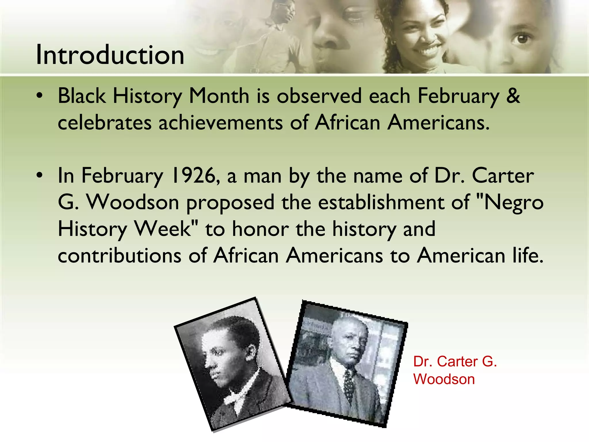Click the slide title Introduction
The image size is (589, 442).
[110, 55]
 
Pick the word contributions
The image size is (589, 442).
[120, 255]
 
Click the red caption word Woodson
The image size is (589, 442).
[444, 379]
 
